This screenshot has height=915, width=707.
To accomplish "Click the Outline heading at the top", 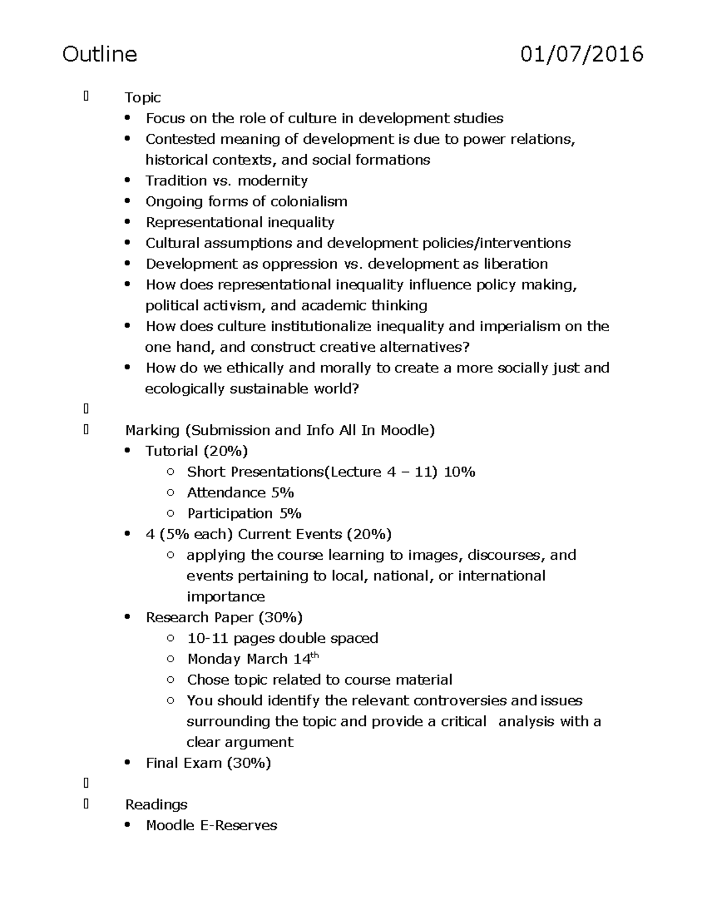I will [x=100, y=54].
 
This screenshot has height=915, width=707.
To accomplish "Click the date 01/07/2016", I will [x=582, y=54].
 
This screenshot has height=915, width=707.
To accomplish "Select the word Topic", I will [x=143, y=98].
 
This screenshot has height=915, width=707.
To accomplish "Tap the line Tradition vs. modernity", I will [x=226, y=181].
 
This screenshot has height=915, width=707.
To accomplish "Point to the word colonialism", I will [x=309, y=202].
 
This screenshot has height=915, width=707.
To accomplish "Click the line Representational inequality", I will [x=240, y=222].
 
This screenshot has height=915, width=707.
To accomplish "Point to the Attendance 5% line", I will [x=240, y=493].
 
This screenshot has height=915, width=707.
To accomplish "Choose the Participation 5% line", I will [x=244, y=514].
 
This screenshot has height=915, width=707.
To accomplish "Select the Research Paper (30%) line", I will [x=224, y=617].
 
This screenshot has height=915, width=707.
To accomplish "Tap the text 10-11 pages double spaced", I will [x=282, y=638].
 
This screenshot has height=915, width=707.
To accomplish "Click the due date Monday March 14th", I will [x=253, y=659].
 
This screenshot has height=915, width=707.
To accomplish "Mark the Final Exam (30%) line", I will [x=208, y=763].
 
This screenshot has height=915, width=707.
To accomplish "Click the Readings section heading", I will [x=156, y=805].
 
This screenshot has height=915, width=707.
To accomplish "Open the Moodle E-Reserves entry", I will [x=211, y=825].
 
